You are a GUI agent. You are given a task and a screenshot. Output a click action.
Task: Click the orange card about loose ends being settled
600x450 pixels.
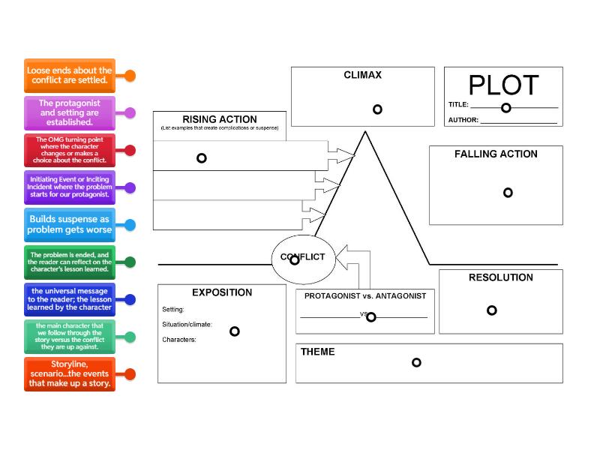(x=69, y=75)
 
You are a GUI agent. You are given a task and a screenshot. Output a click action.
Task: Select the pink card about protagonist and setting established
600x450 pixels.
(x=69, y=112)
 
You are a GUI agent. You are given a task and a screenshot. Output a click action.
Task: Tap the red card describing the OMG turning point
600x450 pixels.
(x=69, y=150)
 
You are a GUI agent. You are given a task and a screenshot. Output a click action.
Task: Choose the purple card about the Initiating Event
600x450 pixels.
(x=69, y=187)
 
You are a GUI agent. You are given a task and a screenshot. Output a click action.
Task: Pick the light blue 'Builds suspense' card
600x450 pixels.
(x=69, y=224)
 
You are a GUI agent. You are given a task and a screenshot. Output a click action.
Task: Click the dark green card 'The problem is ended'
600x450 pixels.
(x=69, y=262)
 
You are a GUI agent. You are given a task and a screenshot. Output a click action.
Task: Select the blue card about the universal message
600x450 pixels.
(x=69, y=299)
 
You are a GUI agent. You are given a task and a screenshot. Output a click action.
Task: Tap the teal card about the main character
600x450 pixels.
(x=69, y=337)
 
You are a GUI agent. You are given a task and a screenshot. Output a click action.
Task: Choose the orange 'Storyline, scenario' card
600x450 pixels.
(x=69, y=373)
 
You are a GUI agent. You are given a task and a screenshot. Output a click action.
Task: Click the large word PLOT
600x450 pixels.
(x=503, y=85)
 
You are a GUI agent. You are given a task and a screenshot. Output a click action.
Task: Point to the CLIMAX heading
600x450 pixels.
(x=362, y=75)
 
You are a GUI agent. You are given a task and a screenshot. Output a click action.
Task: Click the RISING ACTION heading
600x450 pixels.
(x=219, y=119)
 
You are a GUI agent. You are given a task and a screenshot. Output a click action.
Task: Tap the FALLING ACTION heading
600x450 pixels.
(x=496, y=154)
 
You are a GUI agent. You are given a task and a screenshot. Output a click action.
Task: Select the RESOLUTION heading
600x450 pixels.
(x=500, y=277)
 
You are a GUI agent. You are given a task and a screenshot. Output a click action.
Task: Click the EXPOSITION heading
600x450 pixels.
(x=221, y=292)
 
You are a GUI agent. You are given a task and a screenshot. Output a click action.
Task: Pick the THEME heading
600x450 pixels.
(x=317, y=352)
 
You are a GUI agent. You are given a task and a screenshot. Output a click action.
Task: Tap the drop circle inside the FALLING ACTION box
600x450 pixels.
(x=508, y=193)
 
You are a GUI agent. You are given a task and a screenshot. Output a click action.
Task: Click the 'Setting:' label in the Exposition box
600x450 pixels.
(x=173, y=309)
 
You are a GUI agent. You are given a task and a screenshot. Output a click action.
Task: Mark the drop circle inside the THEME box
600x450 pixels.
(x=416, y=363)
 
